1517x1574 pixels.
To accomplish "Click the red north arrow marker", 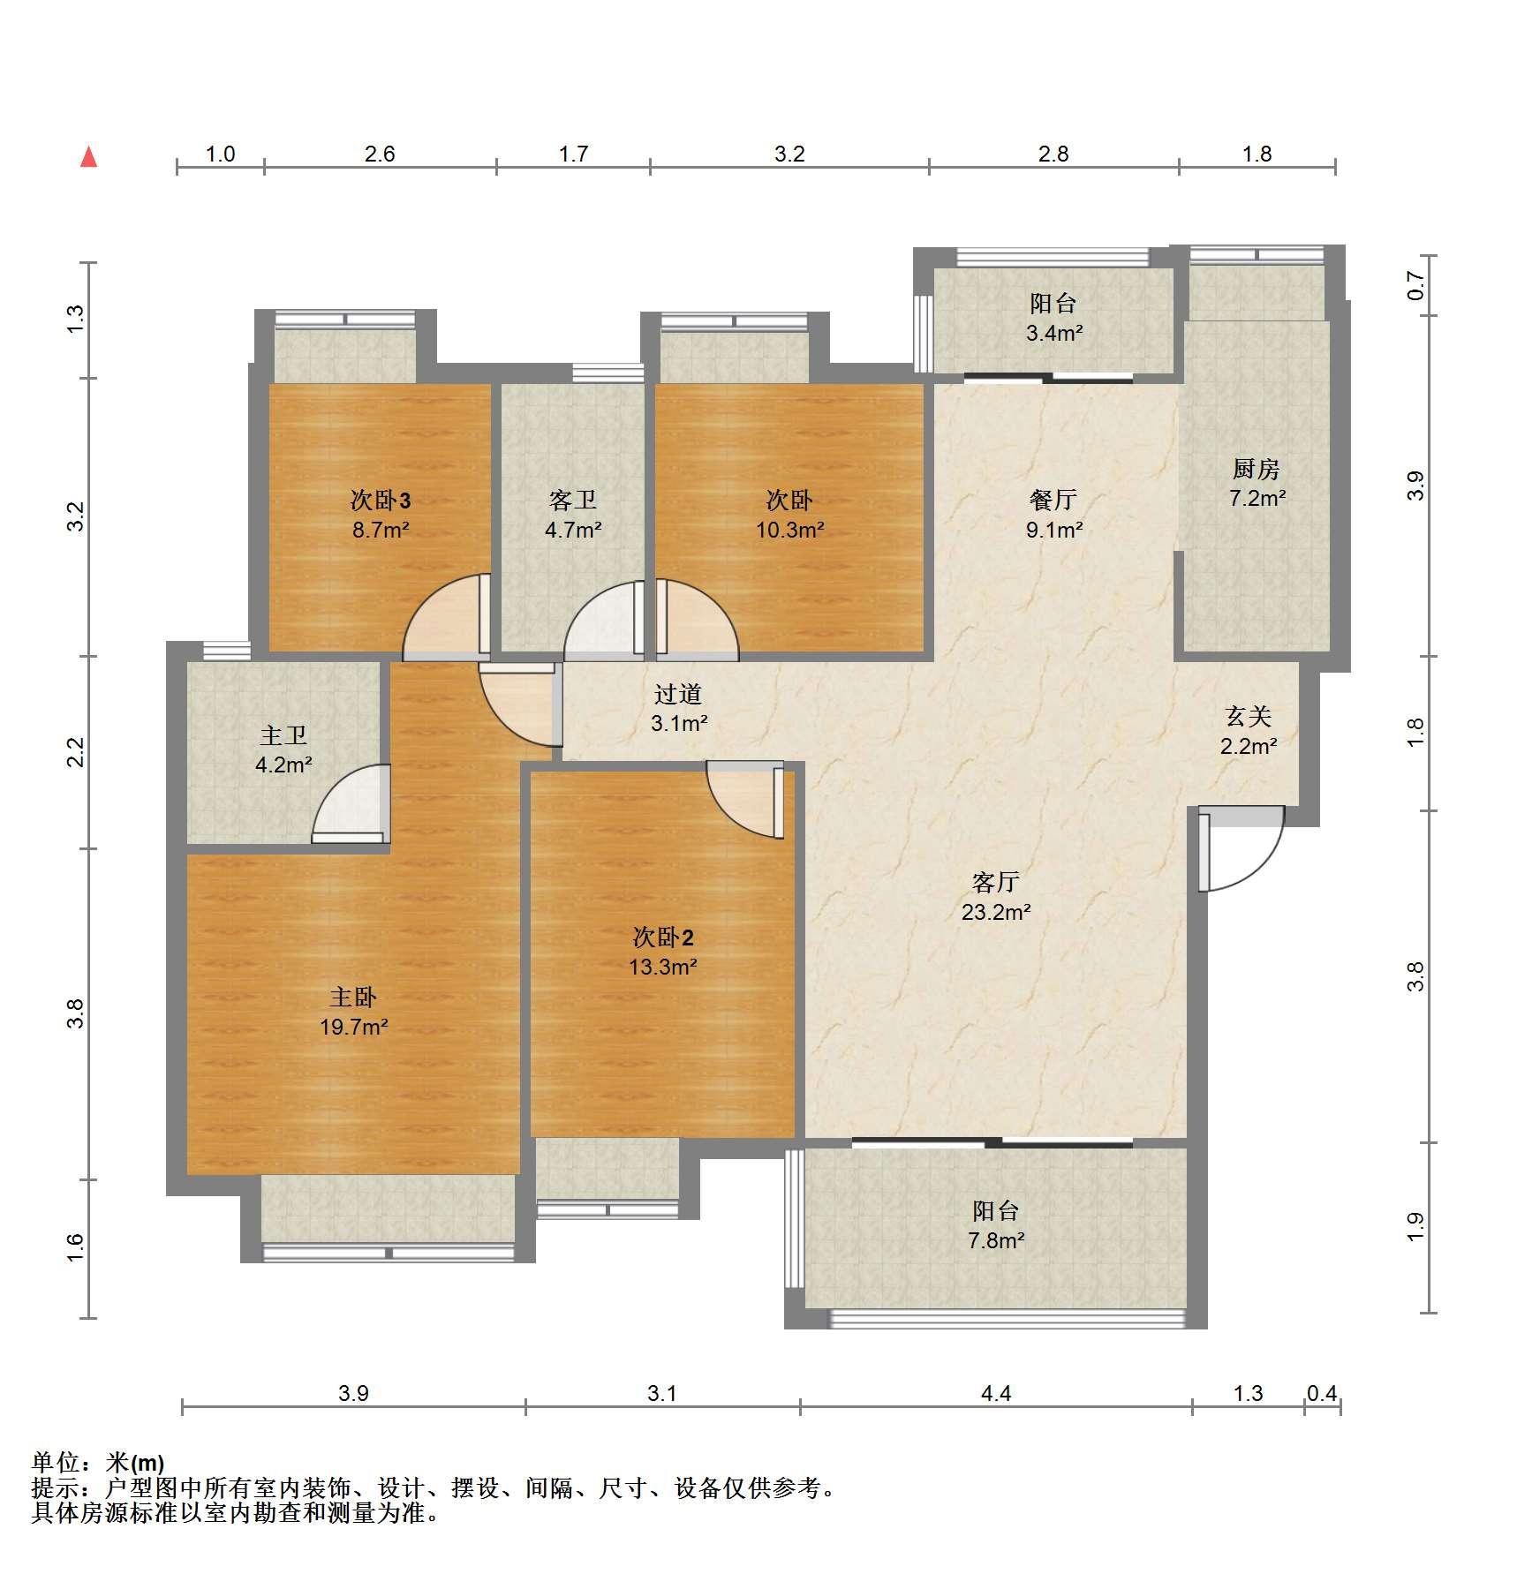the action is [88, 157].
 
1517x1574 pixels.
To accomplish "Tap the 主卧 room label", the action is [353, 998].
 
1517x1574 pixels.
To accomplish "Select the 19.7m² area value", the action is [353, 1027].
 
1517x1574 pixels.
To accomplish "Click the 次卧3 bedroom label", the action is [381, 501].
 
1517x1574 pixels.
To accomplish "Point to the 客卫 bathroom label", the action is [573, 501].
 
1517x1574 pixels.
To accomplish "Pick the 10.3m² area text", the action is [789, 530].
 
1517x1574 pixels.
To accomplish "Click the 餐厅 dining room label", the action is [1053, 500].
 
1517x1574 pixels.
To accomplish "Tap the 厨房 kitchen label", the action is [1257, 469].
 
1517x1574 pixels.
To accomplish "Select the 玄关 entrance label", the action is [1249, 716].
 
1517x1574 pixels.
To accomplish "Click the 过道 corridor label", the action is [678, 694].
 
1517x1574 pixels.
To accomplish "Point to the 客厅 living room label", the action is [996, 882].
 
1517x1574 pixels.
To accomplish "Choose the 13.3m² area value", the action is [663, 967].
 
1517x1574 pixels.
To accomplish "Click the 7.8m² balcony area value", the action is [996, 1240].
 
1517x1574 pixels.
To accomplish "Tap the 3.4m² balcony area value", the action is [1054, 333].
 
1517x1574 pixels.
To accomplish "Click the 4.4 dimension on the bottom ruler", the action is [996, 1393].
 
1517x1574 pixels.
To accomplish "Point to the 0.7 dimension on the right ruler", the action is [1415, 285].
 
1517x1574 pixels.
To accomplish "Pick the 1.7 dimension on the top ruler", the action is [573, 154].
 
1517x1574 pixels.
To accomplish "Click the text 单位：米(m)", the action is [98, 1463].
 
